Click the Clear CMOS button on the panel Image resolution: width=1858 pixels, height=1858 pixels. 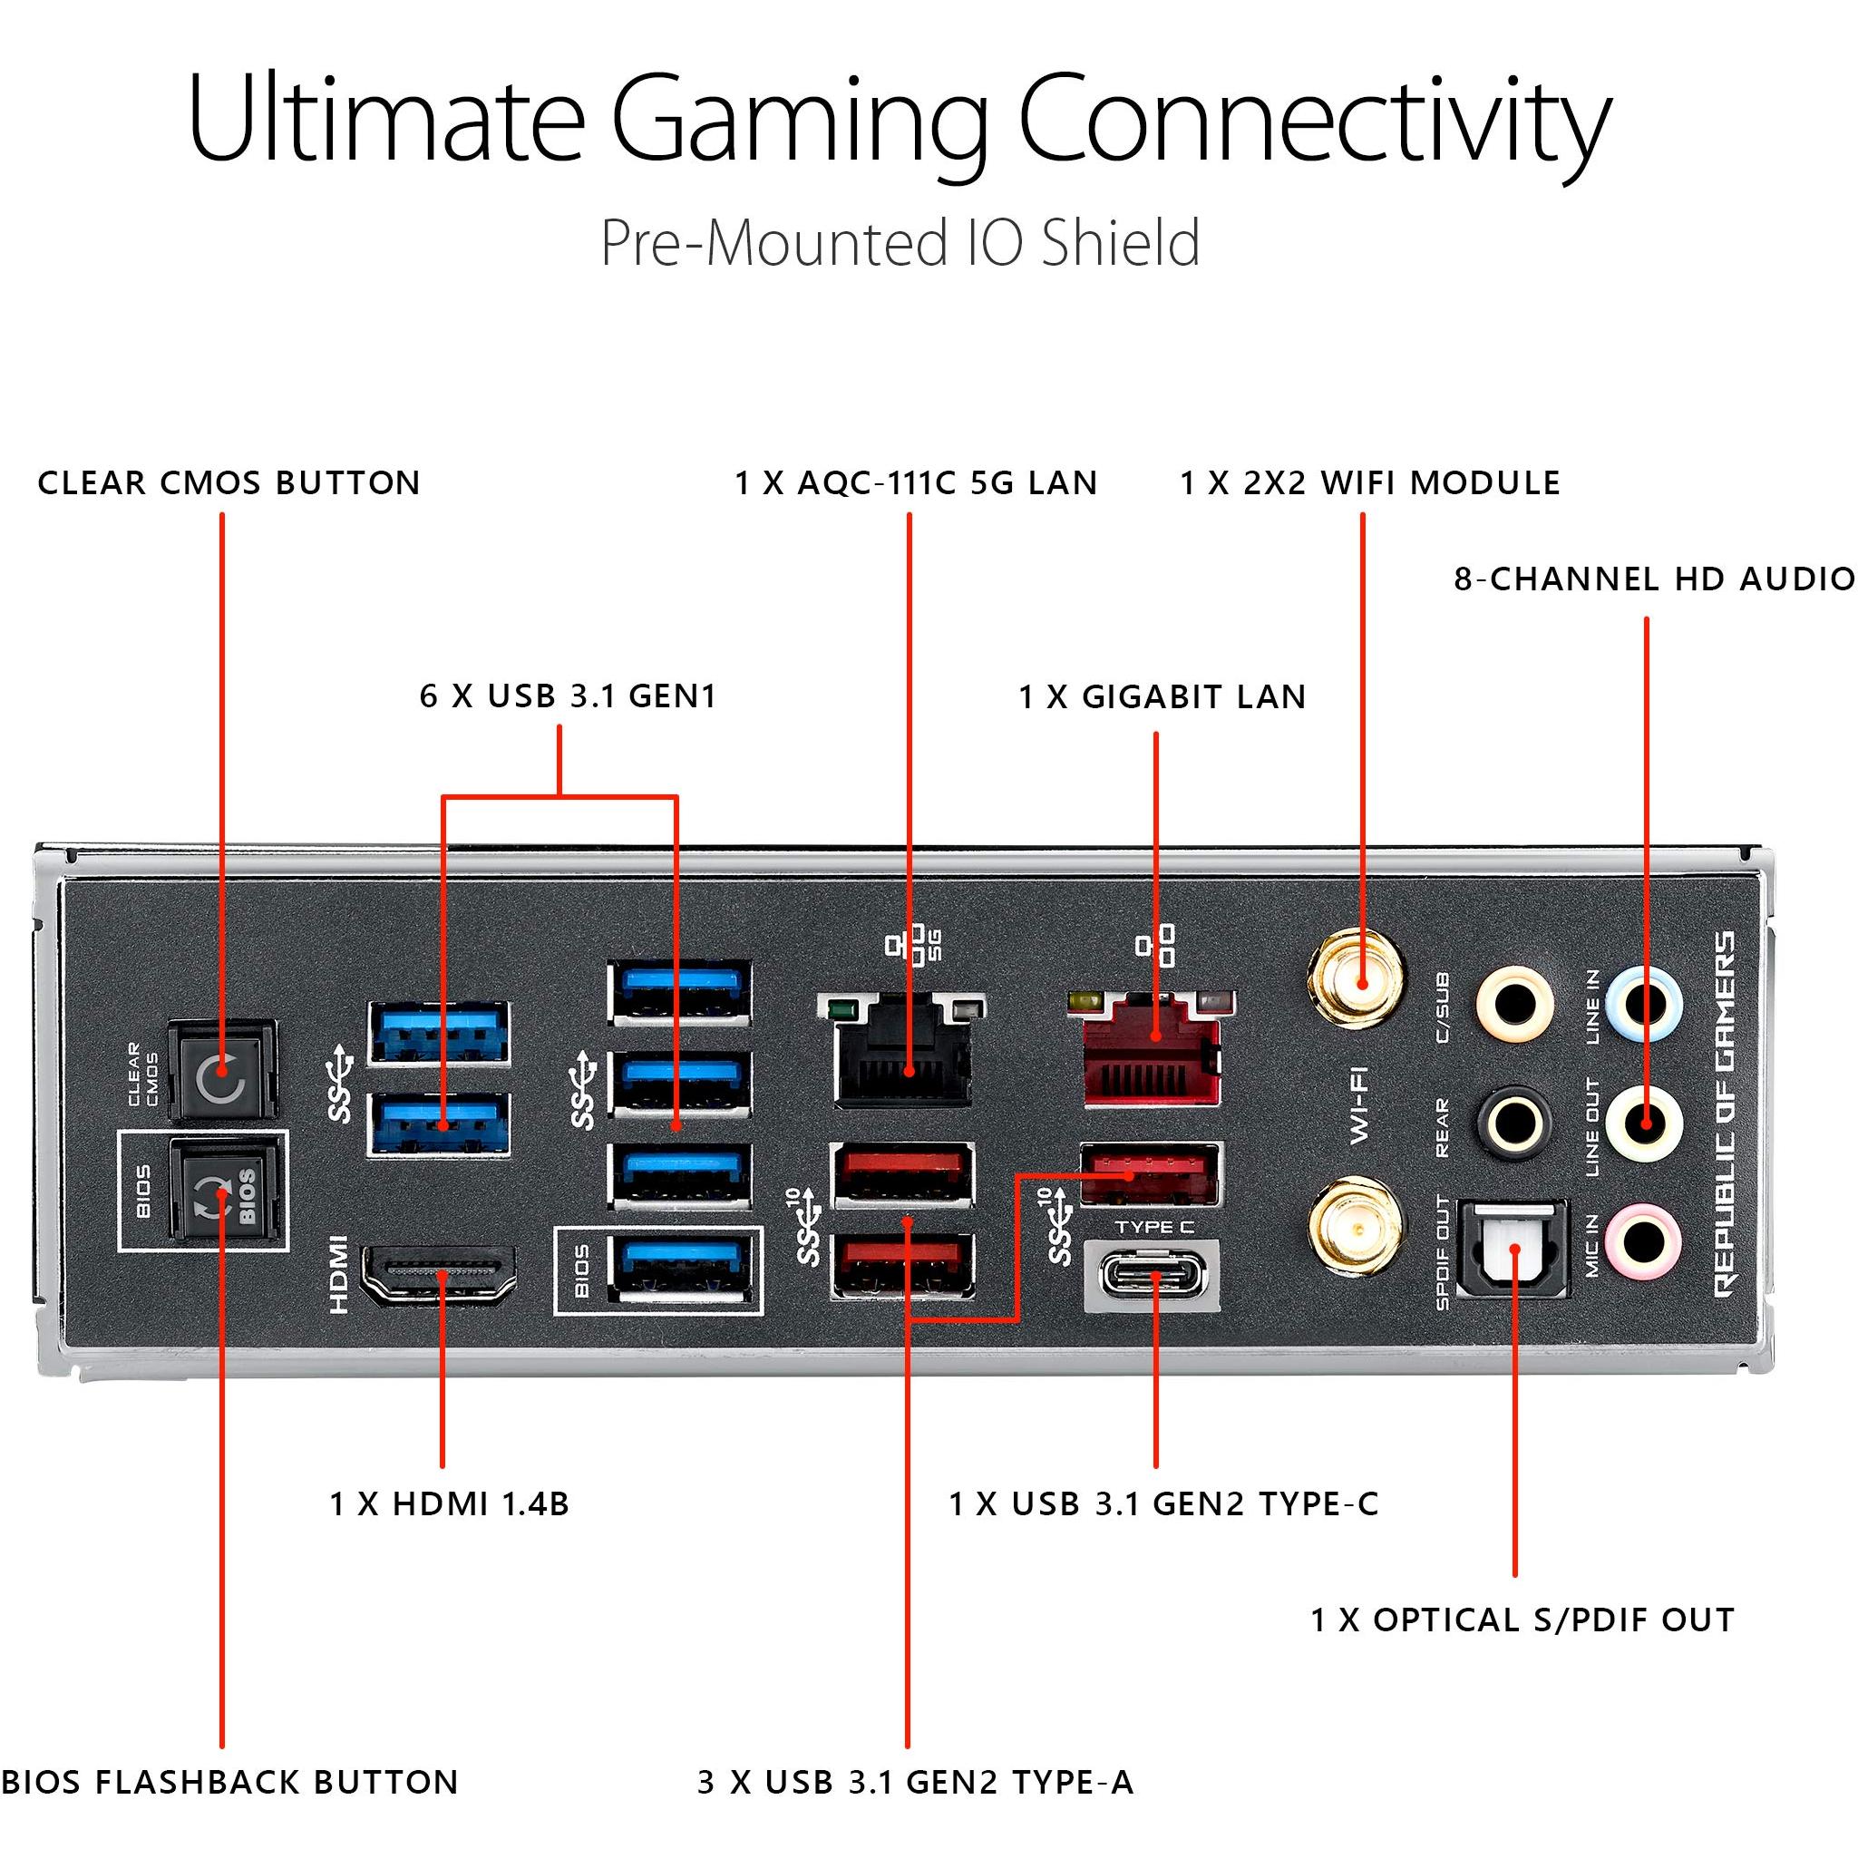pos(222,1070)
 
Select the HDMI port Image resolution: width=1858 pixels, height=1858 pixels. pos(438,1275)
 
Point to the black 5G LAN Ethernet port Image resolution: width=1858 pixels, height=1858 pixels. pos(902,1049)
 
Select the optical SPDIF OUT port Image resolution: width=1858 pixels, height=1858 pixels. pos(1514,1248)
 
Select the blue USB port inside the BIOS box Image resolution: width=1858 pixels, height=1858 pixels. pos(681,1269)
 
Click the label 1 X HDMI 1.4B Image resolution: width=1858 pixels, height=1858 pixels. pos(449,1503)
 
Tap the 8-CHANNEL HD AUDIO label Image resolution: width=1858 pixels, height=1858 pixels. pos(1654,579)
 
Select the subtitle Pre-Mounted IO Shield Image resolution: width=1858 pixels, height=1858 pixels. pos(900,242)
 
